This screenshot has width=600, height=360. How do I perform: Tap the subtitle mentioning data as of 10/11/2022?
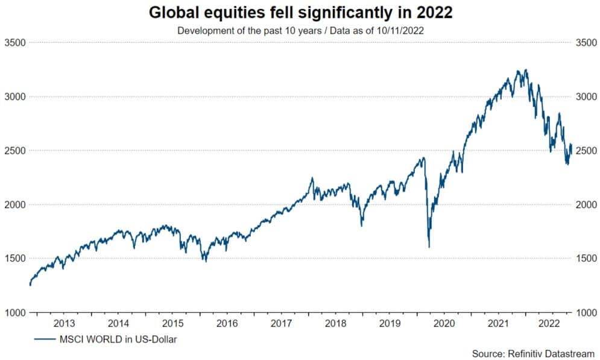click(x=300, y=30)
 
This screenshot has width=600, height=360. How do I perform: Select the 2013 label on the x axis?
click(x=64, y=323)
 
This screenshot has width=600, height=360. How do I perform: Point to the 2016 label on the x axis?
click(x=227, y=323)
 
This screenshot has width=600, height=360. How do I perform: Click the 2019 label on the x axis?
click(x=390, y=323)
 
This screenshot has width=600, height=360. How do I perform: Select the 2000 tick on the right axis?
click(x=586, y=205)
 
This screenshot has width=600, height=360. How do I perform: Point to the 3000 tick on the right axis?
click(x=586, y=96)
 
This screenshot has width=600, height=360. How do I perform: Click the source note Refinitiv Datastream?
click(x=534, y=353)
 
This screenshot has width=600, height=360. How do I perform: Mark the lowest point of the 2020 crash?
click(x=429, y=247)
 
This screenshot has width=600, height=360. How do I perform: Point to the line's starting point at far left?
click(x=30, y=285)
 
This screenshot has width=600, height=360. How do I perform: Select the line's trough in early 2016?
click(x=206, y=261)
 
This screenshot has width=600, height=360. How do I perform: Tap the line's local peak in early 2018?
click(x=312, y=178)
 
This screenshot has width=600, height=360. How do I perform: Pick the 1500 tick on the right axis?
click(x=586, y=259)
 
